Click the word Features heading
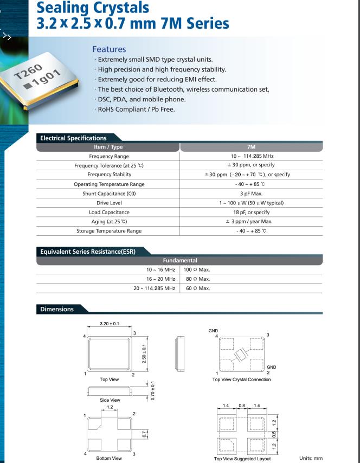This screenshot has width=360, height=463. [109, 49]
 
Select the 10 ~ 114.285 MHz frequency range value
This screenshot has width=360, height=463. [252, 156]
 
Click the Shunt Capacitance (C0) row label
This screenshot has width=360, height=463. [108, 194]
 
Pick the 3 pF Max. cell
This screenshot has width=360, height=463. [252, 194]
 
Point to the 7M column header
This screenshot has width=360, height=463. [252, 147]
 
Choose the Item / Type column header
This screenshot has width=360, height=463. [108, 147]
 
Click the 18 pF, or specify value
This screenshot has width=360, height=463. [252, 212]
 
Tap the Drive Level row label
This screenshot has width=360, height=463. [108, 203]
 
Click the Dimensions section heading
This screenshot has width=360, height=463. [57, 309]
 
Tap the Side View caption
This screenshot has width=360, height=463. [110, 400]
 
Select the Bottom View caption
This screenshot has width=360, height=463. [110, 458]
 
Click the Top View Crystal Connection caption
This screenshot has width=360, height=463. [241, 380]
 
